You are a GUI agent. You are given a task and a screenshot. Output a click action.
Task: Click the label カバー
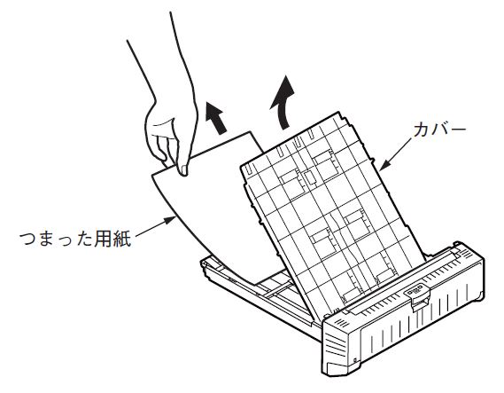click(x=439, y=130)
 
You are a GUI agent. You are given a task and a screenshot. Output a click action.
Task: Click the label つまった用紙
click(x=75, y=239)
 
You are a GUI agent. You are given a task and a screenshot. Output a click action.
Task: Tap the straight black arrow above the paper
click(x=216, y=117)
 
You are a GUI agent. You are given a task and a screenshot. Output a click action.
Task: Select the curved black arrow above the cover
click(x=283, y=102)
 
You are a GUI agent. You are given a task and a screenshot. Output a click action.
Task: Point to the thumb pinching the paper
click(x=182, y=162)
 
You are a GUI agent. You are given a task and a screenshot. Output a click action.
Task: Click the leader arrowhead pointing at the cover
click(x=385, y=165)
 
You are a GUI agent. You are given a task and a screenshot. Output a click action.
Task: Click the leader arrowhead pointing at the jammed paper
click(x=170, y=220)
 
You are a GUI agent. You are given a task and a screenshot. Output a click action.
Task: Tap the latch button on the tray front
click(x=416, y=292)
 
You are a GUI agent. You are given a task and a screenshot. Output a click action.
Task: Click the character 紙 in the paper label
click(x=122, y=239)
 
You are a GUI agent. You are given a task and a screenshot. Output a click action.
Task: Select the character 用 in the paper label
click(x=103, y=239)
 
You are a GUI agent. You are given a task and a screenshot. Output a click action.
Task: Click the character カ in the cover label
click(x=422, y=130)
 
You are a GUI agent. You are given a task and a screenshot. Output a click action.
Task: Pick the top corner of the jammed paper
click(x=248, y=131)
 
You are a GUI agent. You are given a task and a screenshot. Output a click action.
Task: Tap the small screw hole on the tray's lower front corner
click(x=354, y=360)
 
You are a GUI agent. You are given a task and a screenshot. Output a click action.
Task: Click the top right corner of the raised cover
click(x=338, y=113)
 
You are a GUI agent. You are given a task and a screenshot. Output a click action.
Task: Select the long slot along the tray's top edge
click(x=399, y=280)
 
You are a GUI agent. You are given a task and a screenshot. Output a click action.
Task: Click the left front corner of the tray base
click(x=202, y=263)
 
